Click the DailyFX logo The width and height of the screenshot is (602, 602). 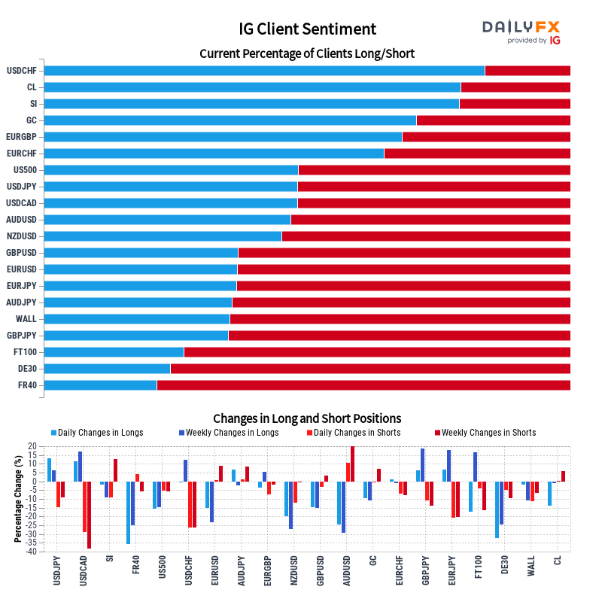[521, 31]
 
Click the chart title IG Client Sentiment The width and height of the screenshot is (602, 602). [307, 29]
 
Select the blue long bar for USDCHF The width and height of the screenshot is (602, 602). [264, 71]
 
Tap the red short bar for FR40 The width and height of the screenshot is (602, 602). [363, 385]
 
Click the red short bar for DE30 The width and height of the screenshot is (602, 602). [370, 369]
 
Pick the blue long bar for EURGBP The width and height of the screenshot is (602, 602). [223, 137]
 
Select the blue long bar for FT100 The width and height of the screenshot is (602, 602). [114, 352]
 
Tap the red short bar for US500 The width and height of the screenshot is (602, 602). [434, 170]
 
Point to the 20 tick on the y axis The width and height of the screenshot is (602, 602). [32, 446]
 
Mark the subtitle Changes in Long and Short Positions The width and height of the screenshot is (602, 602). [307, 418]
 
